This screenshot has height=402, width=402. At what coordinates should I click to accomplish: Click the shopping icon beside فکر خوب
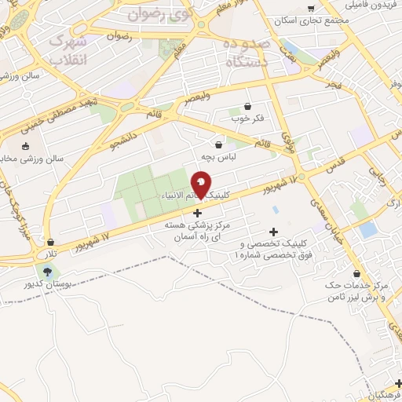[248, 106]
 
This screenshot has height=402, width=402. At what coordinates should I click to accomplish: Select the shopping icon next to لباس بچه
[217, 144]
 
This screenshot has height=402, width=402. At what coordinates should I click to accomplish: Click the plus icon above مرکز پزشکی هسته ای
[196, 213]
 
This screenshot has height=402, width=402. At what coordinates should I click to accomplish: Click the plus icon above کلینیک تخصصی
[273, 232]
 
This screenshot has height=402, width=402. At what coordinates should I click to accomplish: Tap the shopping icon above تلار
[51, 242]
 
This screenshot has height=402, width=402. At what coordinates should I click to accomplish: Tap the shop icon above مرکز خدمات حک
[358, 274]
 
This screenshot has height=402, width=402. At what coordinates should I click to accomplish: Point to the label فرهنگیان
[385, 392]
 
